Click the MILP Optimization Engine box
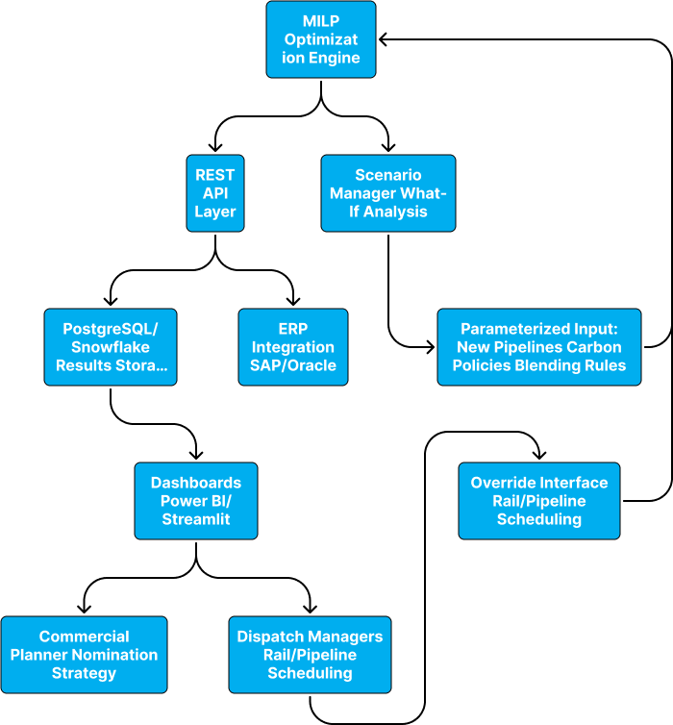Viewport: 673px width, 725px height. (x=320, y=39)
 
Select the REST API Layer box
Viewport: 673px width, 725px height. (x=215, y=193)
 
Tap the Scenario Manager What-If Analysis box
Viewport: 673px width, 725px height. (x=387, y=193)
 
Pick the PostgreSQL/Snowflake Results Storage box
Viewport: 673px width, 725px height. (x=111, y=347)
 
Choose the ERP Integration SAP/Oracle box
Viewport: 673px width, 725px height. (x=293, y=347)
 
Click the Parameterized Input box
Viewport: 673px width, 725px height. (x=538, y=347)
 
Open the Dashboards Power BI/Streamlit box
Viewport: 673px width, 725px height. (x=196, y=501)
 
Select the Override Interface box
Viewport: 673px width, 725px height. (x=538, y=501)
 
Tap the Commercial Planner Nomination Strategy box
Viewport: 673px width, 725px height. (x=84, y=655)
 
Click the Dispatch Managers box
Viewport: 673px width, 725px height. (x=310, y=655)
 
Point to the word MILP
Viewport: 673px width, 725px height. (x=320, y=21)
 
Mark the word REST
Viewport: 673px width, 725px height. (x=215, y=175)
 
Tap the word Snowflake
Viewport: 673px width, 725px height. (x=111, y=347)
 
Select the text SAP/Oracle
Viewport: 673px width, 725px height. (x=293, y=365)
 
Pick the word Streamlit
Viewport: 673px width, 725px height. (x=196, y=519)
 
